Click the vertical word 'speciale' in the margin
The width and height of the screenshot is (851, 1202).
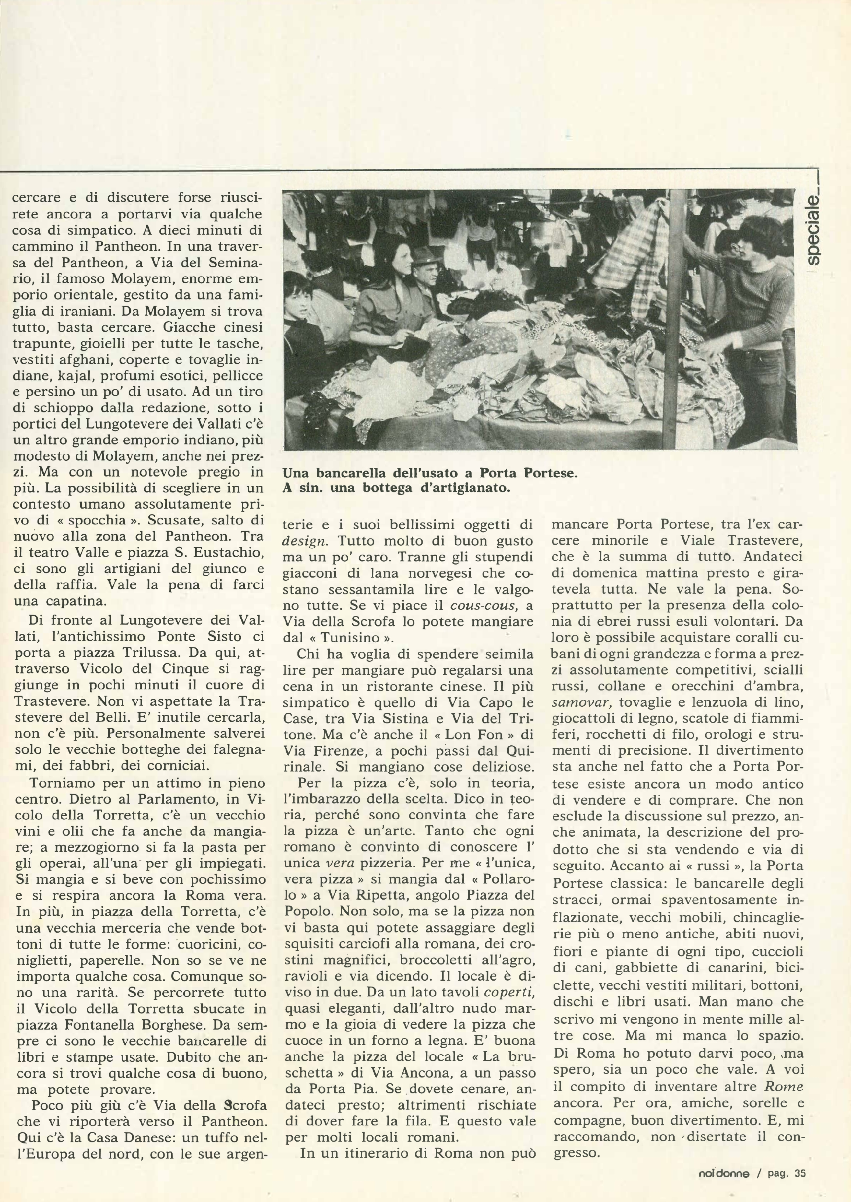click(814, 230)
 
